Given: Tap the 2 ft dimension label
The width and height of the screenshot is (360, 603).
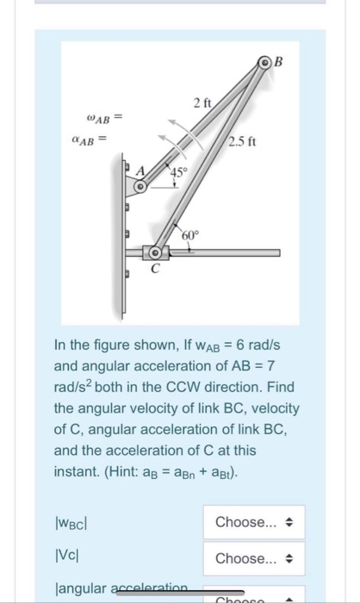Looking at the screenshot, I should [203, 104].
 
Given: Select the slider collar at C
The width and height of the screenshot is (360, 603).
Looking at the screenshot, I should [156, 254].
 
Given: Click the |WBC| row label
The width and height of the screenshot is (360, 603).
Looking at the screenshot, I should [73, 522].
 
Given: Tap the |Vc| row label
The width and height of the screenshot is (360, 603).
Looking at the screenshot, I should [67, 558].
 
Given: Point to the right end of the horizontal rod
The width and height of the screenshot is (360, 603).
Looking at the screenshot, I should [277, 253].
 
